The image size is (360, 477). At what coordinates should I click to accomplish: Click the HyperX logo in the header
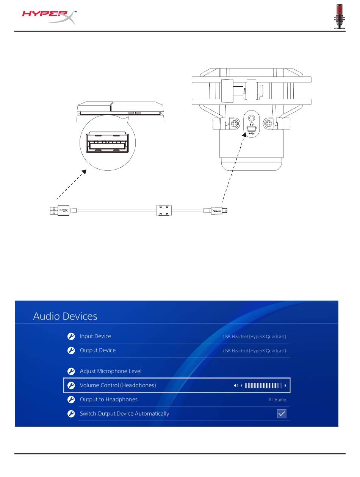(x=49, y=17)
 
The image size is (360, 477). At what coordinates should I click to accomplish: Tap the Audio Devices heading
(x=65, y=316)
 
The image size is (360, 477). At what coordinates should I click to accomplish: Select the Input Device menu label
(x=95, y=336)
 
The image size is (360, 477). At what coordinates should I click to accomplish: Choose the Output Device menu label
(x=97, y=350)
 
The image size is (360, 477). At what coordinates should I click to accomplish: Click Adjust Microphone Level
(x=110, y=371)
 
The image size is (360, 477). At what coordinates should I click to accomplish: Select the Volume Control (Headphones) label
(x=117, y=385)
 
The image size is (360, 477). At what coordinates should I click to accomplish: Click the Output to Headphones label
(x=108, y=399)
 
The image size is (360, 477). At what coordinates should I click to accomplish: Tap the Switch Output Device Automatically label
(x=124, y=413)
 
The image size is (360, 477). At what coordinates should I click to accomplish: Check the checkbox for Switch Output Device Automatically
(x=282, y=414)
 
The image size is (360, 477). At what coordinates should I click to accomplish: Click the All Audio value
(x=278, y=400)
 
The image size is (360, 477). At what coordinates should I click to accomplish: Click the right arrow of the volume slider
(x=286, y=386)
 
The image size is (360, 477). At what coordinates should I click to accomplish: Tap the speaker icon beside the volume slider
(x=236, y=386)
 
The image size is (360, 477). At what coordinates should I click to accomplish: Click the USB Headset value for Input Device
(x=254, y=337)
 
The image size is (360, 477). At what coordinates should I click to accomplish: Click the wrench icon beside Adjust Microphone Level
(x=71, y=371)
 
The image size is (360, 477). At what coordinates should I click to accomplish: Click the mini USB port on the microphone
(x=251, y=129)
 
